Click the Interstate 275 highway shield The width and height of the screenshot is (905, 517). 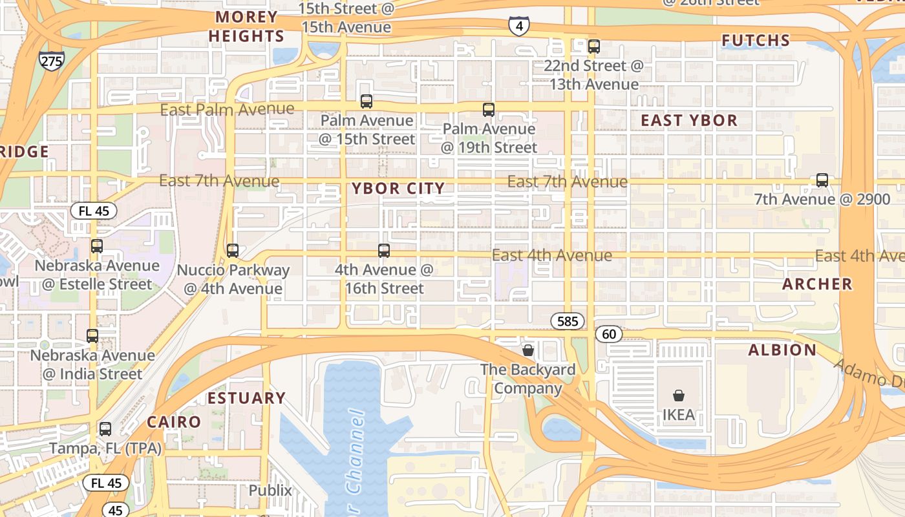(x=51, y=61)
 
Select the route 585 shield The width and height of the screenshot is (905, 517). (x=568, y=321)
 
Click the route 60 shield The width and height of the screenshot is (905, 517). (x=608, y=334)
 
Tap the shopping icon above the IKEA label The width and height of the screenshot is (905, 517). (x=678, y=396)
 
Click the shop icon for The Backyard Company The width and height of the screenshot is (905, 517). (x=528, y=350)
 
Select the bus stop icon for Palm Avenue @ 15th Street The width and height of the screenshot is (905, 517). (x=367, y=101)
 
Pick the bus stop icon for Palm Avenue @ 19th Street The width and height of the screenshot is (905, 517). (x=489, y=110)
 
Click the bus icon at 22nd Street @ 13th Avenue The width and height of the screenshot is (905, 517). (x=594, y=47)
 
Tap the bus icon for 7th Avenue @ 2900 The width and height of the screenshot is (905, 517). (x=822, y=180)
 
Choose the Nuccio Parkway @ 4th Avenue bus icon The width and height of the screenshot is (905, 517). (x=233, y=251)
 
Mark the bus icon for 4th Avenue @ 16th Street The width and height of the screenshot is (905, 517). (x=384, y=251)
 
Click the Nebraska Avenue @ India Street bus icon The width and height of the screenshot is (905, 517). (x=92, y=336)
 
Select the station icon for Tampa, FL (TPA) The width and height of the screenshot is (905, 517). (x=105, y=429)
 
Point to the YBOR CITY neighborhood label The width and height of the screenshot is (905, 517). (x=398, y=189)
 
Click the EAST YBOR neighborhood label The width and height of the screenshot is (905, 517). (x=689, y=121)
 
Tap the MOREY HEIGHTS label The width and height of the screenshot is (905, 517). (x=246, y=26)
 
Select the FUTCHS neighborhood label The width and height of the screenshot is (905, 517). (x=756, y=41)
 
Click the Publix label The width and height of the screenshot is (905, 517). (x=270, y=491)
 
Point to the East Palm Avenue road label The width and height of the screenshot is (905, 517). (x=227, y=109)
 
